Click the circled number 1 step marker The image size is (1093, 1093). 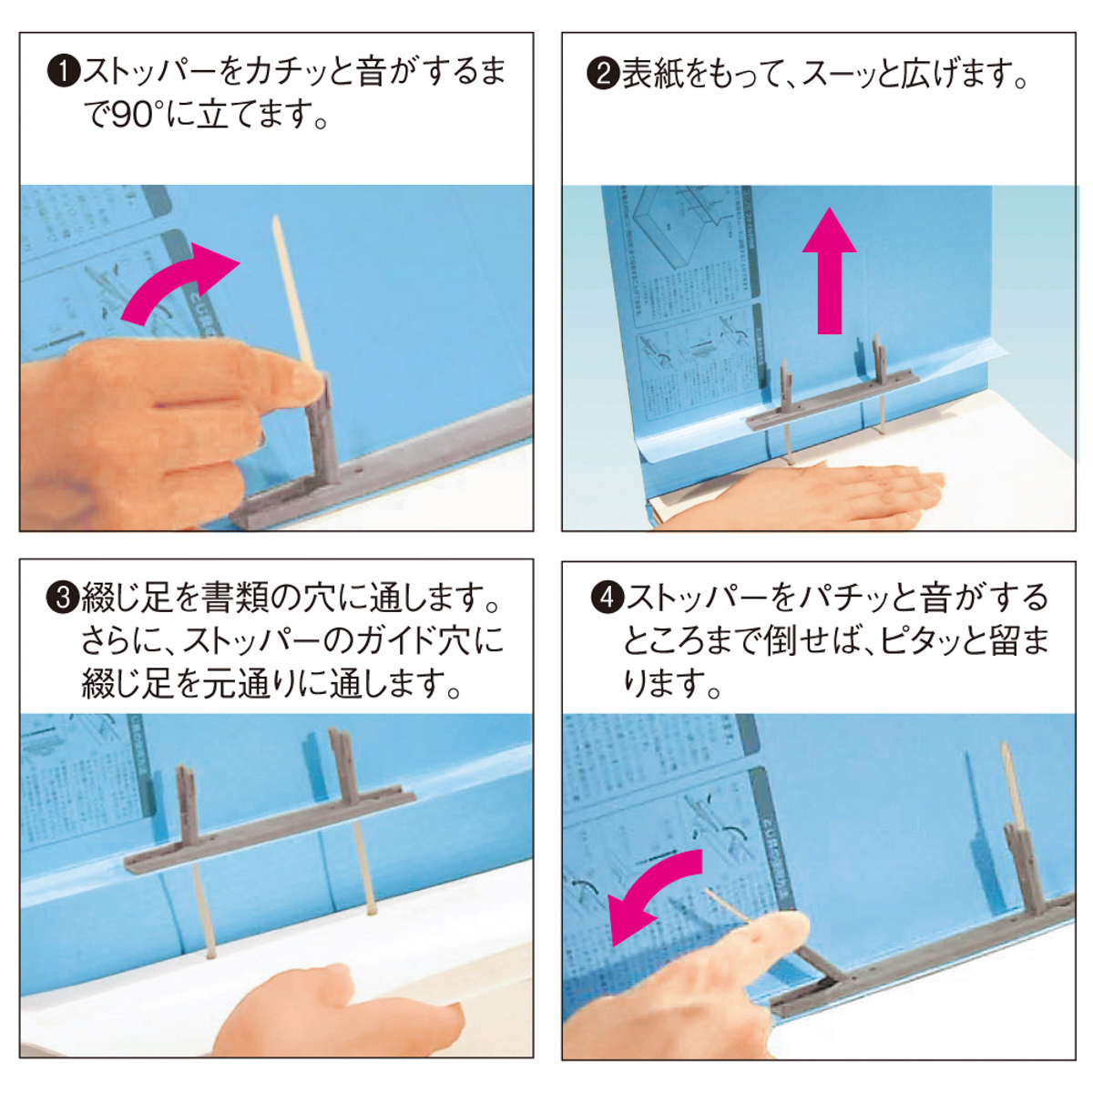click(x=63, y=72)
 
